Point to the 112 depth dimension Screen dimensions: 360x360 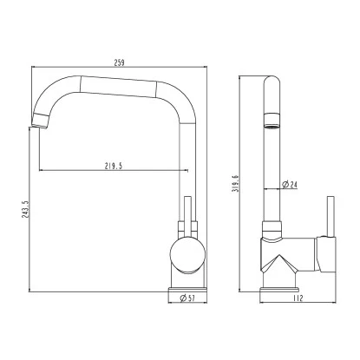pyautogui.click(x=298, y=298)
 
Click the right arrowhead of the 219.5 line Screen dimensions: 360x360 pyautogui.click(x=180, y=168)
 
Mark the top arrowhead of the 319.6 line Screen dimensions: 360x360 pyautogui.click(x=242, y=79)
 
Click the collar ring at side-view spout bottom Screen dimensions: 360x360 pyautogui.click(x=272, y=231)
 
